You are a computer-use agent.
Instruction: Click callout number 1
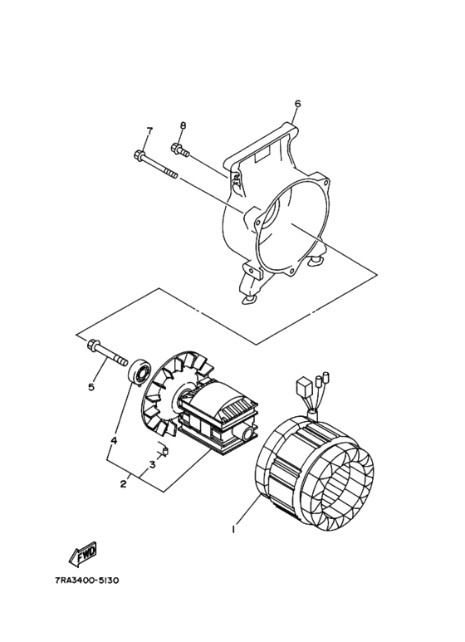pos(235,528)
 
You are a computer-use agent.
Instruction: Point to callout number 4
pos(114,439)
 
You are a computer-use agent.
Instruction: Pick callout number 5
pos(92,387)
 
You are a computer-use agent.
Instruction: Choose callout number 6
pos(297,104)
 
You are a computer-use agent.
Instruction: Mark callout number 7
pos(149,131)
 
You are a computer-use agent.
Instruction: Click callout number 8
pos(183,125)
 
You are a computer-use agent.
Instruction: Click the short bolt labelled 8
pos(180,150)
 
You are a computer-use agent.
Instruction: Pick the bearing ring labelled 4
pos(139,371)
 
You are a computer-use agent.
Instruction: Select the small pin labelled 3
pos(164,451)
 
